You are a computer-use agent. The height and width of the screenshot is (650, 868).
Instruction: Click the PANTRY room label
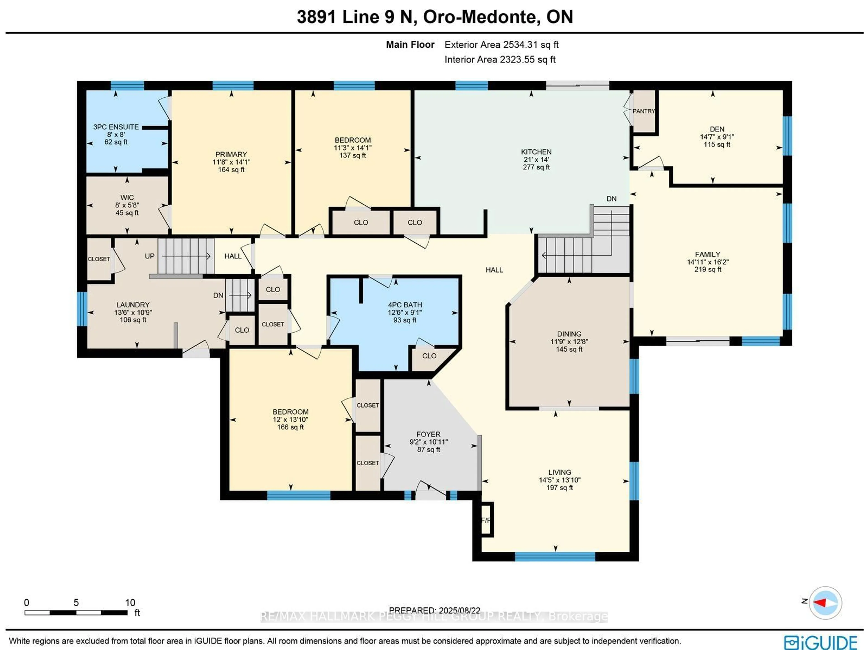click(x=644, y=111)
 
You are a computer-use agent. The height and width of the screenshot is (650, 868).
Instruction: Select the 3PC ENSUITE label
click(x=116, y=127)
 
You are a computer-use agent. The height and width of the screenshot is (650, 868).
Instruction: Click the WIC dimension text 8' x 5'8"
click(x=127, y=205)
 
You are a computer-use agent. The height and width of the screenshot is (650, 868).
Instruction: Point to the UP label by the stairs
click(x=149, y=256)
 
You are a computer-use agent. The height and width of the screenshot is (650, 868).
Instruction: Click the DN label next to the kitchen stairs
click(x=611, y=199)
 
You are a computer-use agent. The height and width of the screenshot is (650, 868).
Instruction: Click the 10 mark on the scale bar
click(x=130, y=603)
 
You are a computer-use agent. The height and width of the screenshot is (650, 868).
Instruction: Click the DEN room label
click(x=717, y=129)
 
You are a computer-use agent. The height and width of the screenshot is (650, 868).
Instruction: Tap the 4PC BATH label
click(x=405, y=305)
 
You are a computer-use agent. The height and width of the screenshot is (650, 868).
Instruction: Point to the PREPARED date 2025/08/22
click(x=434, y=610)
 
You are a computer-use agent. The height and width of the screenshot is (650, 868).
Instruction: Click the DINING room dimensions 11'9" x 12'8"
click(x=569, y=341)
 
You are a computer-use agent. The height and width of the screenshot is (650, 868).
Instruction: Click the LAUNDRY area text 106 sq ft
click(x=133, y=320)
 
